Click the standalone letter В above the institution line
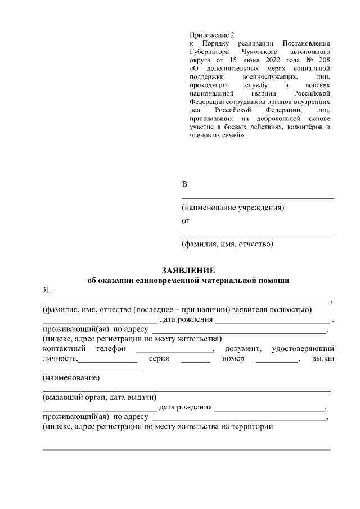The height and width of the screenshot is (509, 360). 184,185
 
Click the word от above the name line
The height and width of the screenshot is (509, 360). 186,221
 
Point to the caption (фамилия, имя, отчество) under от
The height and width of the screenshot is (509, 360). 227,245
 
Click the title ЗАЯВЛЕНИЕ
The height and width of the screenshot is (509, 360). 188,271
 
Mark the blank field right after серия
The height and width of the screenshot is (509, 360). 195,361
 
